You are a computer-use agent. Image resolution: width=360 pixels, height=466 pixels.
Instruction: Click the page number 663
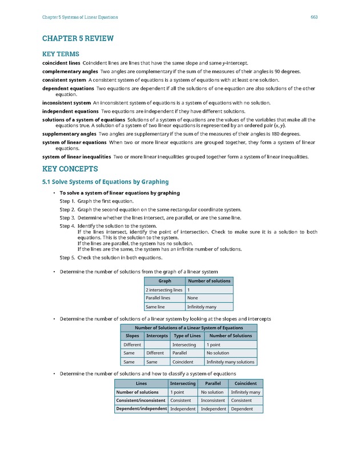pos(314,17)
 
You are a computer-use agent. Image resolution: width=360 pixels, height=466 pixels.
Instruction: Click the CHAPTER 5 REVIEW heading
pos(78,38)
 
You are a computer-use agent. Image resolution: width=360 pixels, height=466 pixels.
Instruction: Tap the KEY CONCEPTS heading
pos(70,169)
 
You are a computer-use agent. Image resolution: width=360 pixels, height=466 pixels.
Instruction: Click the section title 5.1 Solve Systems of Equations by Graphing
pos(105,182)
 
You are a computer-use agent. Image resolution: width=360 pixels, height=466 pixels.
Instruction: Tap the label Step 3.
pos(67,218)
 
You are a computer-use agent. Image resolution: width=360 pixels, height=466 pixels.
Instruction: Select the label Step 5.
pos(67,257)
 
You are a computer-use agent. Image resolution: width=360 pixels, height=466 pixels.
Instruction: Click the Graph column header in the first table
pos(165,281)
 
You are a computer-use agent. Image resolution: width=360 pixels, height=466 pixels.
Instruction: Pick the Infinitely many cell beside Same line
pos(201,306)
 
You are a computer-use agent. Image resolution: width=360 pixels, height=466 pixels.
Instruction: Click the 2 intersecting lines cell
pos(164,290)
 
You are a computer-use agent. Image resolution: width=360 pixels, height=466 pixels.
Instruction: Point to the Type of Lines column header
pos(187,336)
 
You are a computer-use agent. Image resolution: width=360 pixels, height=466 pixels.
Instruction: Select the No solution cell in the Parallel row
pos(217,353)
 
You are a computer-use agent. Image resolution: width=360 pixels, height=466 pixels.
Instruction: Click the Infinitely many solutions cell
pos(230,362)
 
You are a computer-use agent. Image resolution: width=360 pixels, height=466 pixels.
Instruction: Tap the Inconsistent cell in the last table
pos(213,400)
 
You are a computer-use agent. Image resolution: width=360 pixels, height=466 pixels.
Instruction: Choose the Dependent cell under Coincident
pos(242,409)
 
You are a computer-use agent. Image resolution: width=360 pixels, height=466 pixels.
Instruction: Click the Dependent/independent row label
pos(141,409)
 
